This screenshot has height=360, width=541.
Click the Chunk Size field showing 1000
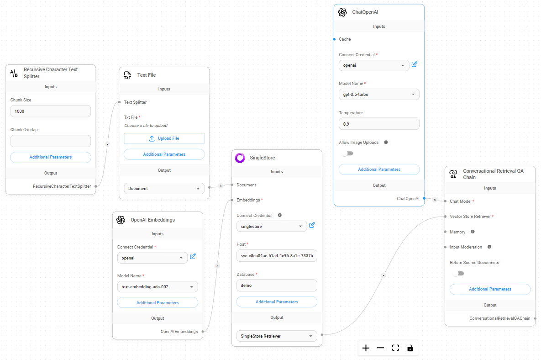point(50,111)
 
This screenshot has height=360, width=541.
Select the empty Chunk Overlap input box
point(50,141)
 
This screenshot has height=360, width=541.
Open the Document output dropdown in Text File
point(164,188)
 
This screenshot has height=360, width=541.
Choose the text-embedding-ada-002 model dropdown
point(158,287)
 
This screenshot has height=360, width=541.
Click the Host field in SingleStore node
point(277,256)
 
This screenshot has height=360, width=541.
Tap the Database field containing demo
point(277,285)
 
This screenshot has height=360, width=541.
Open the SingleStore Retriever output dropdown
point(277,336)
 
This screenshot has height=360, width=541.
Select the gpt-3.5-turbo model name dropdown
point(379,95)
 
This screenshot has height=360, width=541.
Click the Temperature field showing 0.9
point(379,124)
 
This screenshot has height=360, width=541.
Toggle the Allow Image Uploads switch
point(347,154)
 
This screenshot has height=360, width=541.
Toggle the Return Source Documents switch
point(458,274)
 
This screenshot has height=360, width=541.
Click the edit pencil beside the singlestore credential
point(312,225)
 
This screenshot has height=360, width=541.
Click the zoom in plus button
point(366,348)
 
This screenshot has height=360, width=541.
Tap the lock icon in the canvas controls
point(410,348)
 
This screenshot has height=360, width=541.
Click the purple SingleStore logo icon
point(240,158)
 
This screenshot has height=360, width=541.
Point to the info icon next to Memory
point(473,232)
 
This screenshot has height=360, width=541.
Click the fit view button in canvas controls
point(395,348)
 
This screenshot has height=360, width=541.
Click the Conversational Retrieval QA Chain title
point(493,174)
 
